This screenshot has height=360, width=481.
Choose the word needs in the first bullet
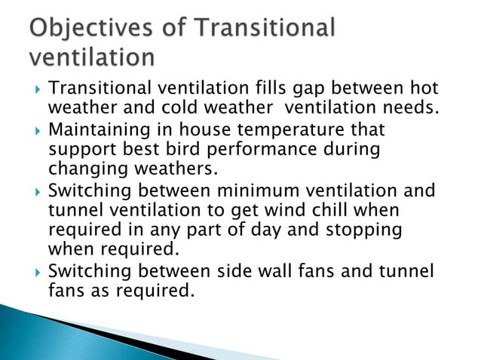click(x=414, y=109)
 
